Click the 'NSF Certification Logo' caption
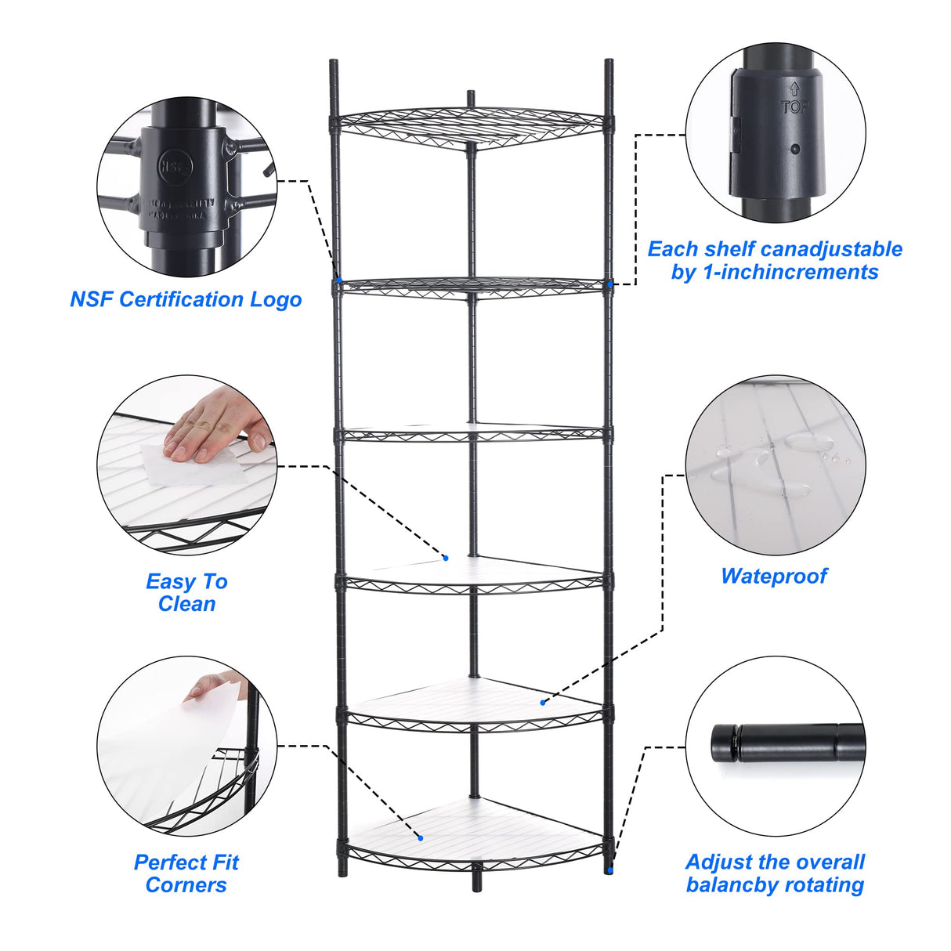coord(186,299)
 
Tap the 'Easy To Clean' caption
coord(186,592)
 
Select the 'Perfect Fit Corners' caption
coord(186,873)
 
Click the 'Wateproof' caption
coord(774,576)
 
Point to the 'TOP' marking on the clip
coord(794,104)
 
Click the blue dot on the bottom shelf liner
coord(421,838)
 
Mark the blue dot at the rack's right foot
coord(609,870)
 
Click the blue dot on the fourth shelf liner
coord(446,558)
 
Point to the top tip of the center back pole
coord(471,95)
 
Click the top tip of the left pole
coord(333,63)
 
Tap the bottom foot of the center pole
coord(475,885)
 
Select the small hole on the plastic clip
coord(795,149)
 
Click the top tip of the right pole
coord(609,63)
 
